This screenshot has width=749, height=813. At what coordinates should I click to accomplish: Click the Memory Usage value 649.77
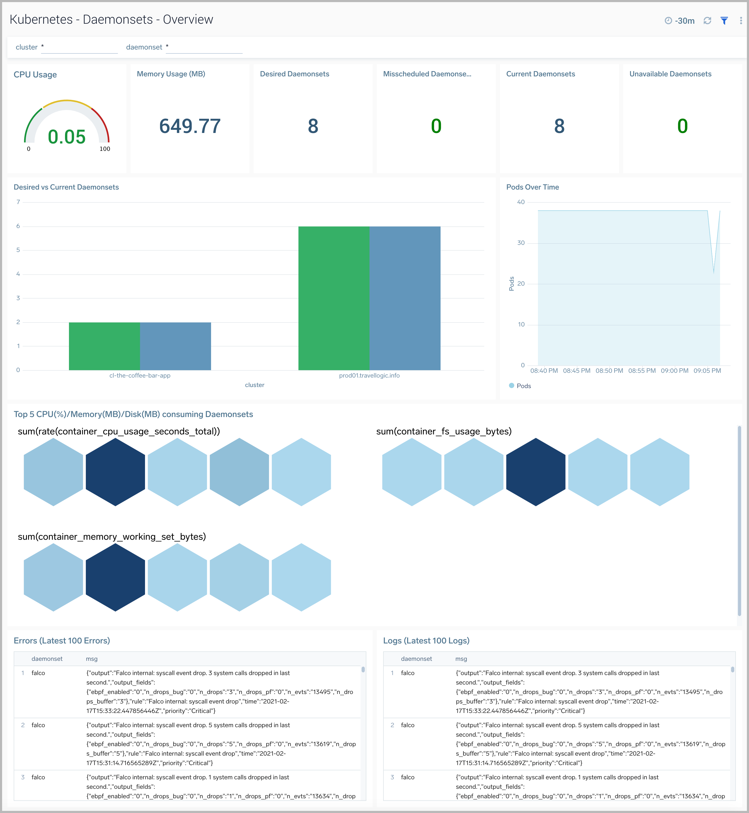[x=190, y=126]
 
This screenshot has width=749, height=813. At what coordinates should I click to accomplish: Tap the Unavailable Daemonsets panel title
[x=670, y=74]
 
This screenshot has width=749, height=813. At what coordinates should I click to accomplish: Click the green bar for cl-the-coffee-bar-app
[x=104, y=346]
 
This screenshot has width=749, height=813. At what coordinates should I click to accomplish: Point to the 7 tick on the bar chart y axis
[x=18, y=202]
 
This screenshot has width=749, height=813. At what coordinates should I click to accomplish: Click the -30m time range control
[x=680, y=21]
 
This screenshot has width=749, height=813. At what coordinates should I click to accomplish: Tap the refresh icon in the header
[x=707, y=21]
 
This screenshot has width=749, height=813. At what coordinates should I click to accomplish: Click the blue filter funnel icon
[x=724, y=21]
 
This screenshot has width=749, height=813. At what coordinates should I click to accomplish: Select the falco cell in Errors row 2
[x=38, y=725]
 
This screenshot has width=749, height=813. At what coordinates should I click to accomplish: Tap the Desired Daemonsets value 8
[x=313, y=126]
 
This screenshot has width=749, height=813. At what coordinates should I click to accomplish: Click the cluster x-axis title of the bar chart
[x=254, y=385]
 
